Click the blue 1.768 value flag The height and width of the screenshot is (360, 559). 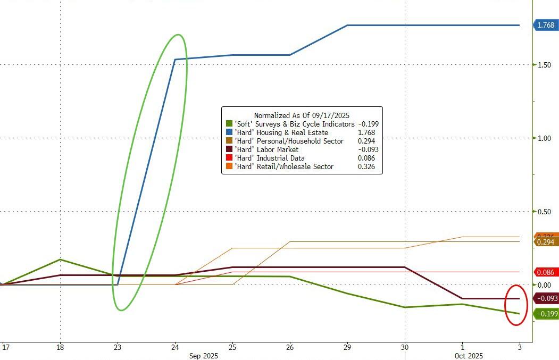point(546,25)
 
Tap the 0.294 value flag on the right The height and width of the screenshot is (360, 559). point(546,242)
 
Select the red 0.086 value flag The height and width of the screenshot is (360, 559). point(546,272)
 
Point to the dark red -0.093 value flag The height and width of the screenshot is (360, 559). point(546,299)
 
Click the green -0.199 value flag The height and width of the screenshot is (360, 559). point(546,314)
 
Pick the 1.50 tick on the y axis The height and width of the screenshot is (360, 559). point(545,65)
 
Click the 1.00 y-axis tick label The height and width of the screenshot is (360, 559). point(545,138)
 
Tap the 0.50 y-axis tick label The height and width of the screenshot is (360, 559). point(545,212)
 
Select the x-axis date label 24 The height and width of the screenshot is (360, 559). point(175,347)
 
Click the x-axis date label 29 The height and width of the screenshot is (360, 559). point(347,347)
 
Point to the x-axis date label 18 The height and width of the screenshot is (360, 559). point(60,347)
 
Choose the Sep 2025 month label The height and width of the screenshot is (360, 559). point(204,355)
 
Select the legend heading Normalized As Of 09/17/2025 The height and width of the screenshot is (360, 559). point(302,115)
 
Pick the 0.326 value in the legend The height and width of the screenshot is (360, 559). point(366,166)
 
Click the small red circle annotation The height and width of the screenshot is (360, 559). point(516,305)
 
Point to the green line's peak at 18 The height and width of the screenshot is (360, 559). point(60,259)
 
